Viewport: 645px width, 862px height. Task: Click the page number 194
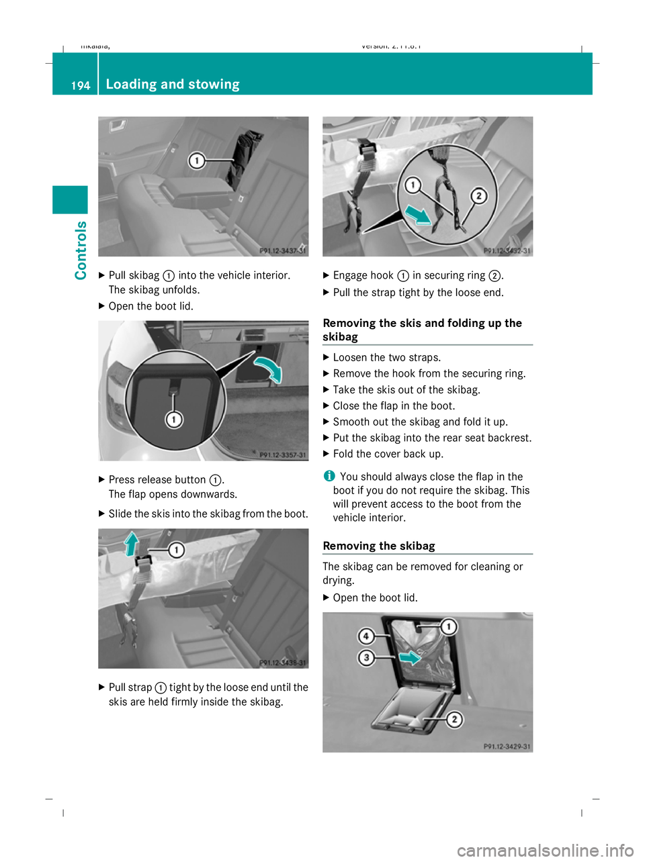click(x=80, y=85)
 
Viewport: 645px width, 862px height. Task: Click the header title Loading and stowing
click(x=173, y=84)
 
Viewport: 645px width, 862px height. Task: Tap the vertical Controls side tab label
click(x=81, y=250)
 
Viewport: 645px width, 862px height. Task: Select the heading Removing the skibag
click(x=379, y=546)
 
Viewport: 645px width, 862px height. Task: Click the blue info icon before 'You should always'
click(x=329, y=476)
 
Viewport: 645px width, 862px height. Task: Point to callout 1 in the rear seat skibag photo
click(x=196, y=160)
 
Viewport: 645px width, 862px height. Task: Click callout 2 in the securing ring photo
click(x=478, y=195)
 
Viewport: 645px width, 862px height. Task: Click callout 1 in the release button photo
click(x=173, y=420)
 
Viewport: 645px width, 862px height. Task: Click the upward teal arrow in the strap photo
click(x=132, y=543)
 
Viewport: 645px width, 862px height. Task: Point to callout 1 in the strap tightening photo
click(x=176, y=550)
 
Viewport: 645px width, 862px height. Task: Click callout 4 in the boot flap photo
click(x=366, y=636)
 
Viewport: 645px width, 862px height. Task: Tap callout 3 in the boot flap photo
click(x=366, y=657)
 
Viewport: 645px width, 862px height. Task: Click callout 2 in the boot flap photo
click(x=454, y=720)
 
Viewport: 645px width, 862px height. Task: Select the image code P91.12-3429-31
click(x=507, y=747)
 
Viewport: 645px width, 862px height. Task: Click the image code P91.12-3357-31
click(x=282, y=454)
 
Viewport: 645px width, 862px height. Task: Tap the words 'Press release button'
click(x=157, y=479)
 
